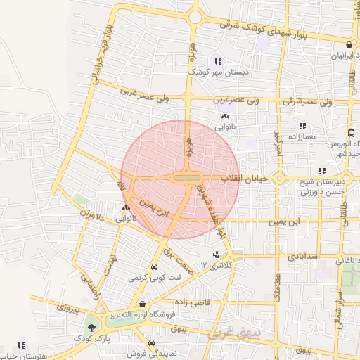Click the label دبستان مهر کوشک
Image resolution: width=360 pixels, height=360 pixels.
click(x=217, y=72)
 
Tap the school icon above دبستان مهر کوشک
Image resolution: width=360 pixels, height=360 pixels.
click(x=218, y=61)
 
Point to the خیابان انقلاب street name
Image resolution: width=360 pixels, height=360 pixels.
click(x=245, y=179)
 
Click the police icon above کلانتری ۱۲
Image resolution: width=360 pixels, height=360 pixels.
click(x=216, y=254)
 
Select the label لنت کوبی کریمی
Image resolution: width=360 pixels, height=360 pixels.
click(x=154, y=278)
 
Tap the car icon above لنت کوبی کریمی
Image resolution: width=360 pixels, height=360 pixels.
click(x=154, y=267)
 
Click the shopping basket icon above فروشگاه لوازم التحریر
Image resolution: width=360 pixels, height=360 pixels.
click(x=143, y=304)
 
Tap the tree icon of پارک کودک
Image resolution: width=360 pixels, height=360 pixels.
click(x=91, y=327)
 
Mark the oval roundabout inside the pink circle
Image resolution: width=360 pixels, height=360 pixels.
click(x=186, y=178)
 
